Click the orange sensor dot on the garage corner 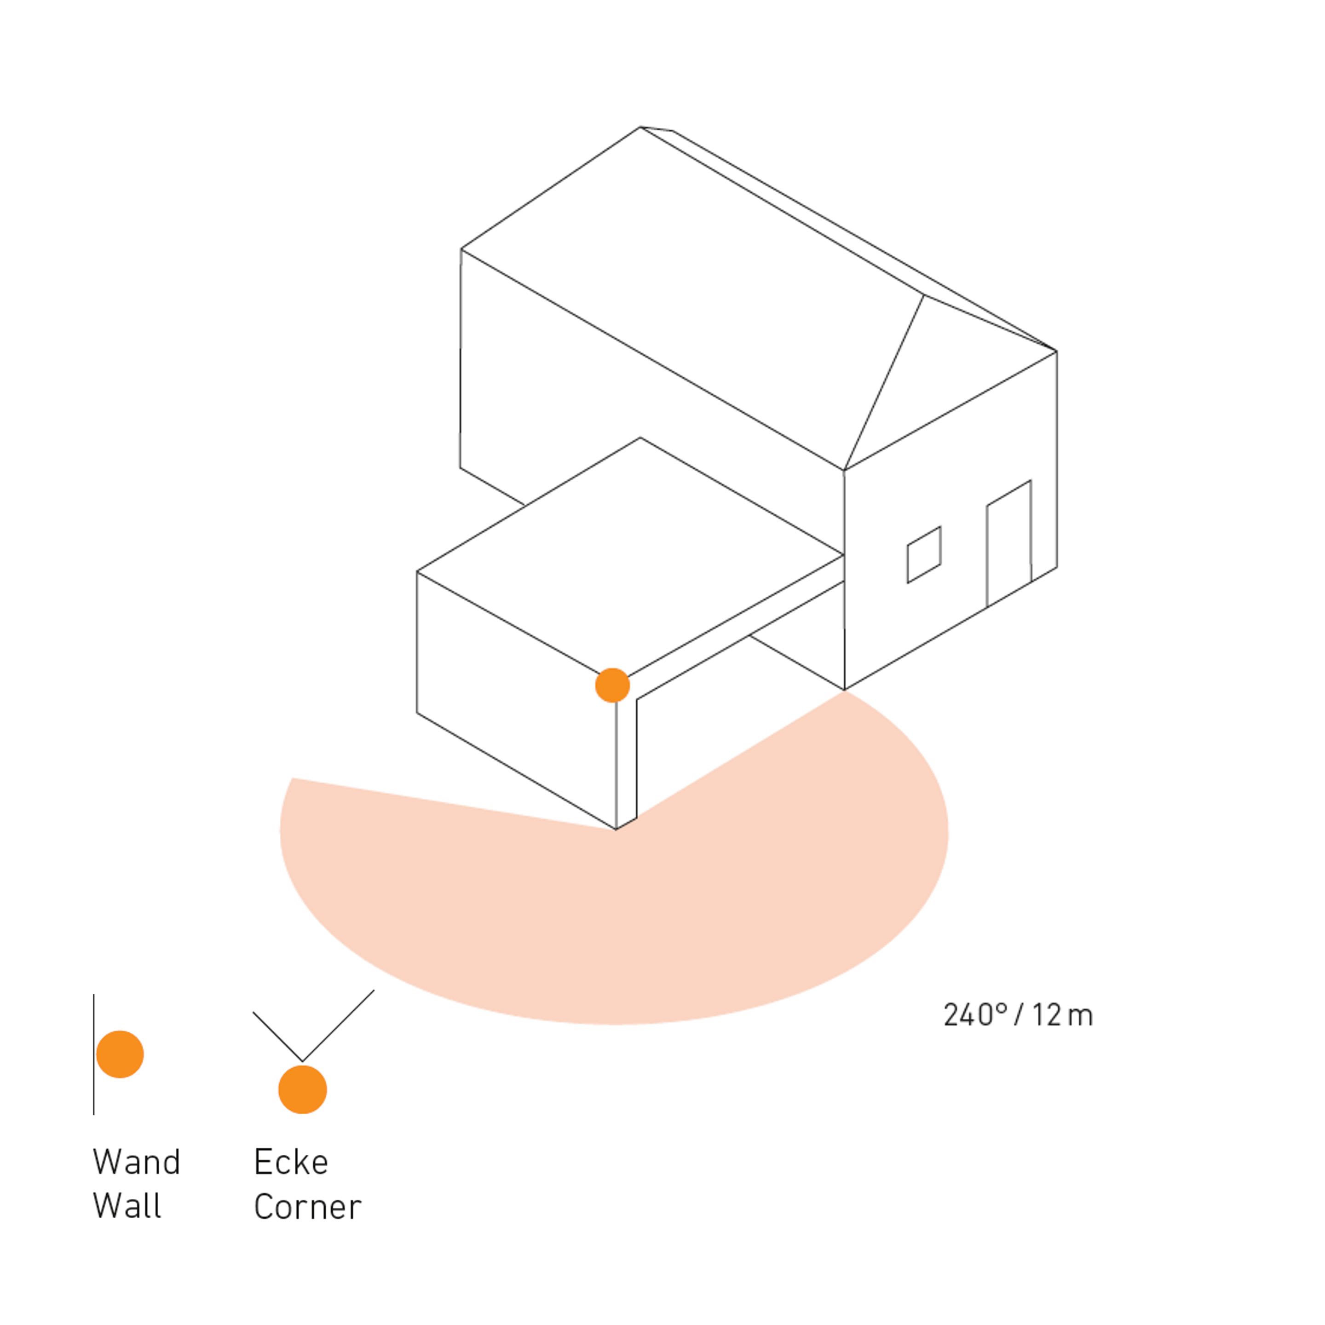tap(612, 685)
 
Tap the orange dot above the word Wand tap(120, 1054)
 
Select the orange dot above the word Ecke tap(302, 1089)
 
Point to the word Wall tap(127, 1206)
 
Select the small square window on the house tap(924, 555)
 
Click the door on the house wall tap(1009, 544)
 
